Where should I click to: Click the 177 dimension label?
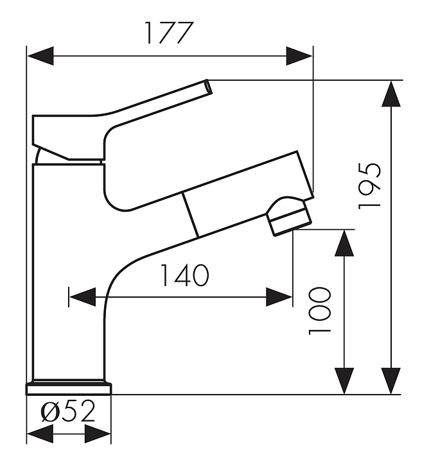pos(170,33)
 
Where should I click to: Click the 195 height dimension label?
pos(369,185)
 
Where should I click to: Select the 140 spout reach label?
pos(184,275)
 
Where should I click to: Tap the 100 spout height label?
pos(319,311)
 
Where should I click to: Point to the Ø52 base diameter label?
pos(68,411)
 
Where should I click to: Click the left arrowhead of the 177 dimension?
pos(40,56)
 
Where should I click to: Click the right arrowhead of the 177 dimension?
pos(299,56)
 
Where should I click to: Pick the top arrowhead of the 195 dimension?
pos(391,94)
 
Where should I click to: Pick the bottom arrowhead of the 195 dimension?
pos(391,381)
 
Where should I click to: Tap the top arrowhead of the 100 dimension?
pos(344,243)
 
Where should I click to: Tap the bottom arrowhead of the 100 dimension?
pos(344,381)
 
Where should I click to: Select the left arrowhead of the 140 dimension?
pos(82,297)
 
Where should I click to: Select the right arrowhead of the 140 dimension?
pos(279,297)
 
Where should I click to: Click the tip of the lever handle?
pos(209,87)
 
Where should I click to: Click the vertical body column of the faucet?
pos(69,271)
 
